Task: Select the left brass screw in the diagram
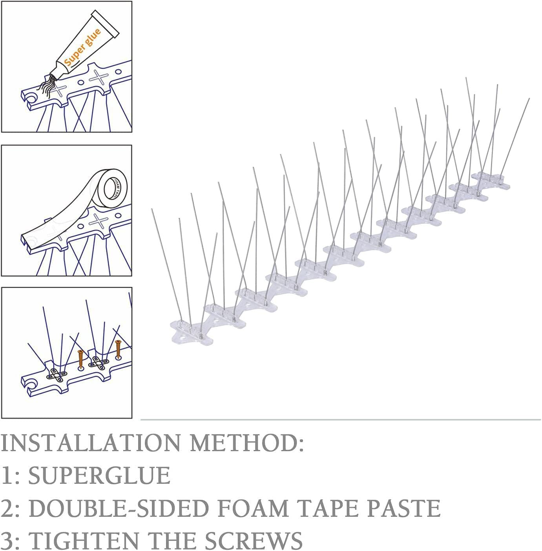point(81,358)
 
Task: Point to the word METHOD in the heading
point(247,443)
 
